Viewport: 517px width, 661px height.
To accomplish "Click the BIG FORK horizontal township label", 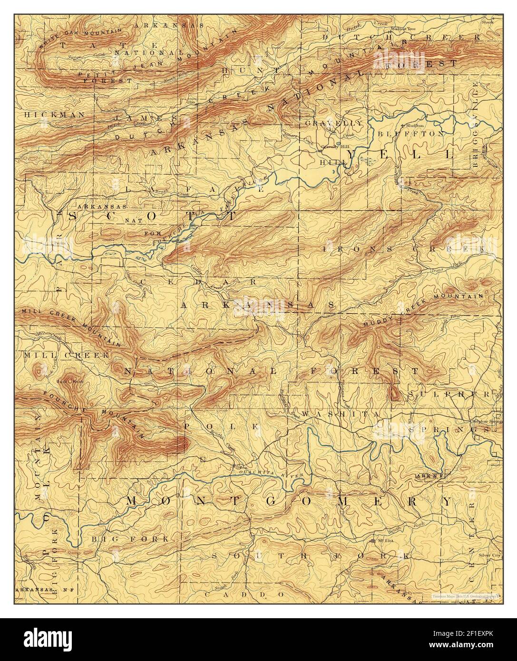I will click(129, 539).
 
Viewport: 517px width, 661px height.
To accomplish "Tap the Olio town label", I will click(191, 101).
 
